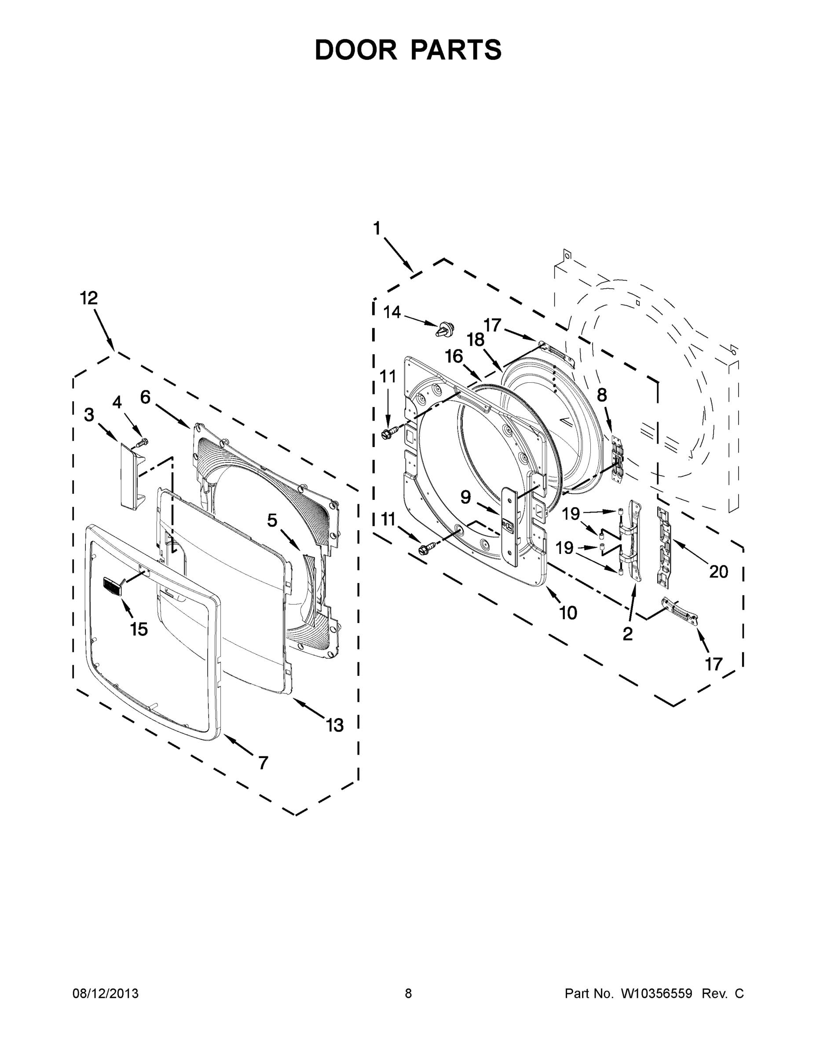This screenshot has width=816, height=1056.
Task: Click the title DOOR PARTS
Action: pyautogui.click(x=408, y=50)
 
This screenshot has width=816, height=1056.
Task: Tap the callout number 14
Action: pyautogui.click(x=392, y=312)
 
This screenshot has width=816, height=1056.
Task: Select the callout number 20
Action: pyautogui.click(x=718, y=572)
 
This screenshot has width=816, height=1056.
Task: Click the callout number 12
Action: pyautogui.click(x=88, y=298)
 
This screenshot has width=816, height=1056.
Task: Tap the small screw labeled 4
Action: pyautogui.click(x=142, y=442)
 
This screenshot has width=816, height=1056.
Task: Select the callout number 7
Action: pyautogui.click(x=263, y=763)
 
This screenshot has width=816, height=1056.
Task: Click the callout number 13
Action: pyautogui.click(x=334, y=725)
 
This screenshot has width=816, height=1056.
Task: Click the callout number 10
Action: pyautogui.click(x=568, y=612)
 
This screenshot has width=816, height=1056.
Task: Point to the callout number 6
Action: pyautogui.click(x=145, y=397)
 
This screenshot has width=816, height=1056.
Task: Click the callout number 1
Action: pyautogui.click(x=377, y=228)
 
